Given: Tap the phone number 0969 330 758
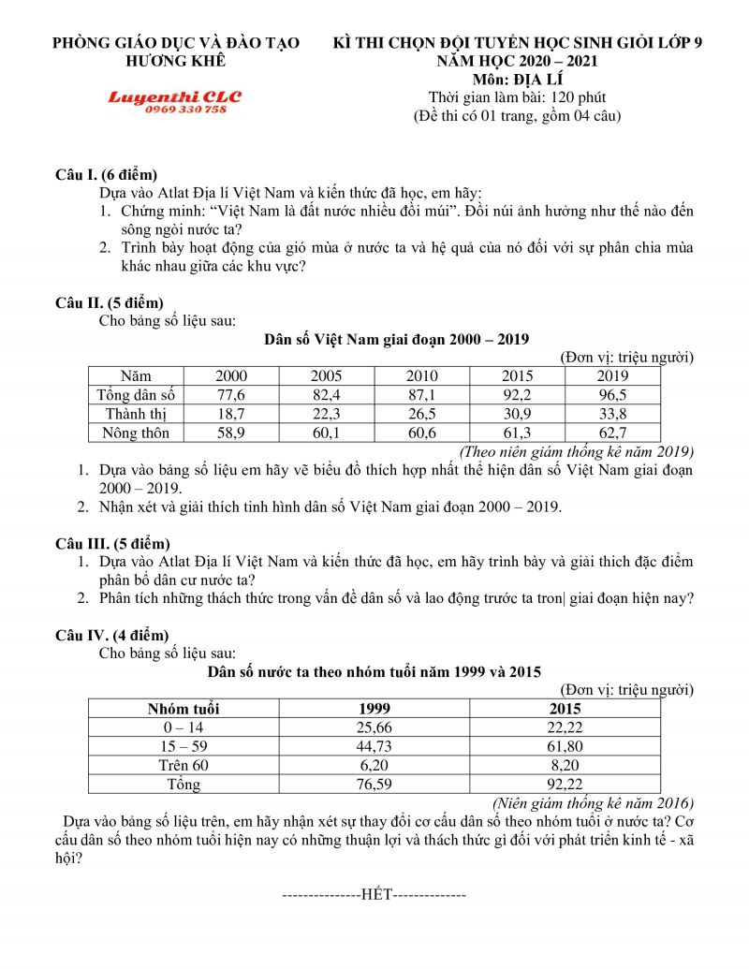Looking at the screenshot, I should (x=185, y=110).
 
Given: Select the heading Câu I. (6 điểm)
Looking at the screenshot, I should (x=106, y=174).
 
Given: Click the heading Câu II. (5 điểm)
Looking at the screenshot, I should (x=110, y=302).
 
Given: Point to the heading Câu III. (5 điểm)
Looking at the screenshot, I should (x=112, y=543).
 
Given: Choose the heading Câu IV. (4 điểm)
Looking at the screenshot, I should (x=112, y=635).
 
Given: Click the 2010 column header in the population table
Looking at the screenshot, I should (x=421, y=376).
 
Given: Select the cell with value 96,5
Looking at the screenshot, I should (x=612, y=395).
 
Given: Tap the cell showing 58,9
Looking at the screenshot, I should (x=230, y=433).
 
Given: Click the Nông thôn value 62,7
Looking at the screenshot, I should (x=612, y=433).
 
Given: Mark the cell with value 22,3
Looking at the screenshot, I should (x=326, y=414).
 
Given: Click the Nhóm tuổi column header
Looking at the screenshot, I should (x=184, y=708).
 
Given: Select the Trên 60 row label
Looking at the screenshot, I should (x=184, y=765).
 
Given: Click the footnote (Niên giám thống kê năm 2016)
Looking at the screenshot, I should (x=592, y=802).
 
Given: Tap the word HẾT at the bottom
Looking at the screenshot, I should (x=374, y=894).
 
